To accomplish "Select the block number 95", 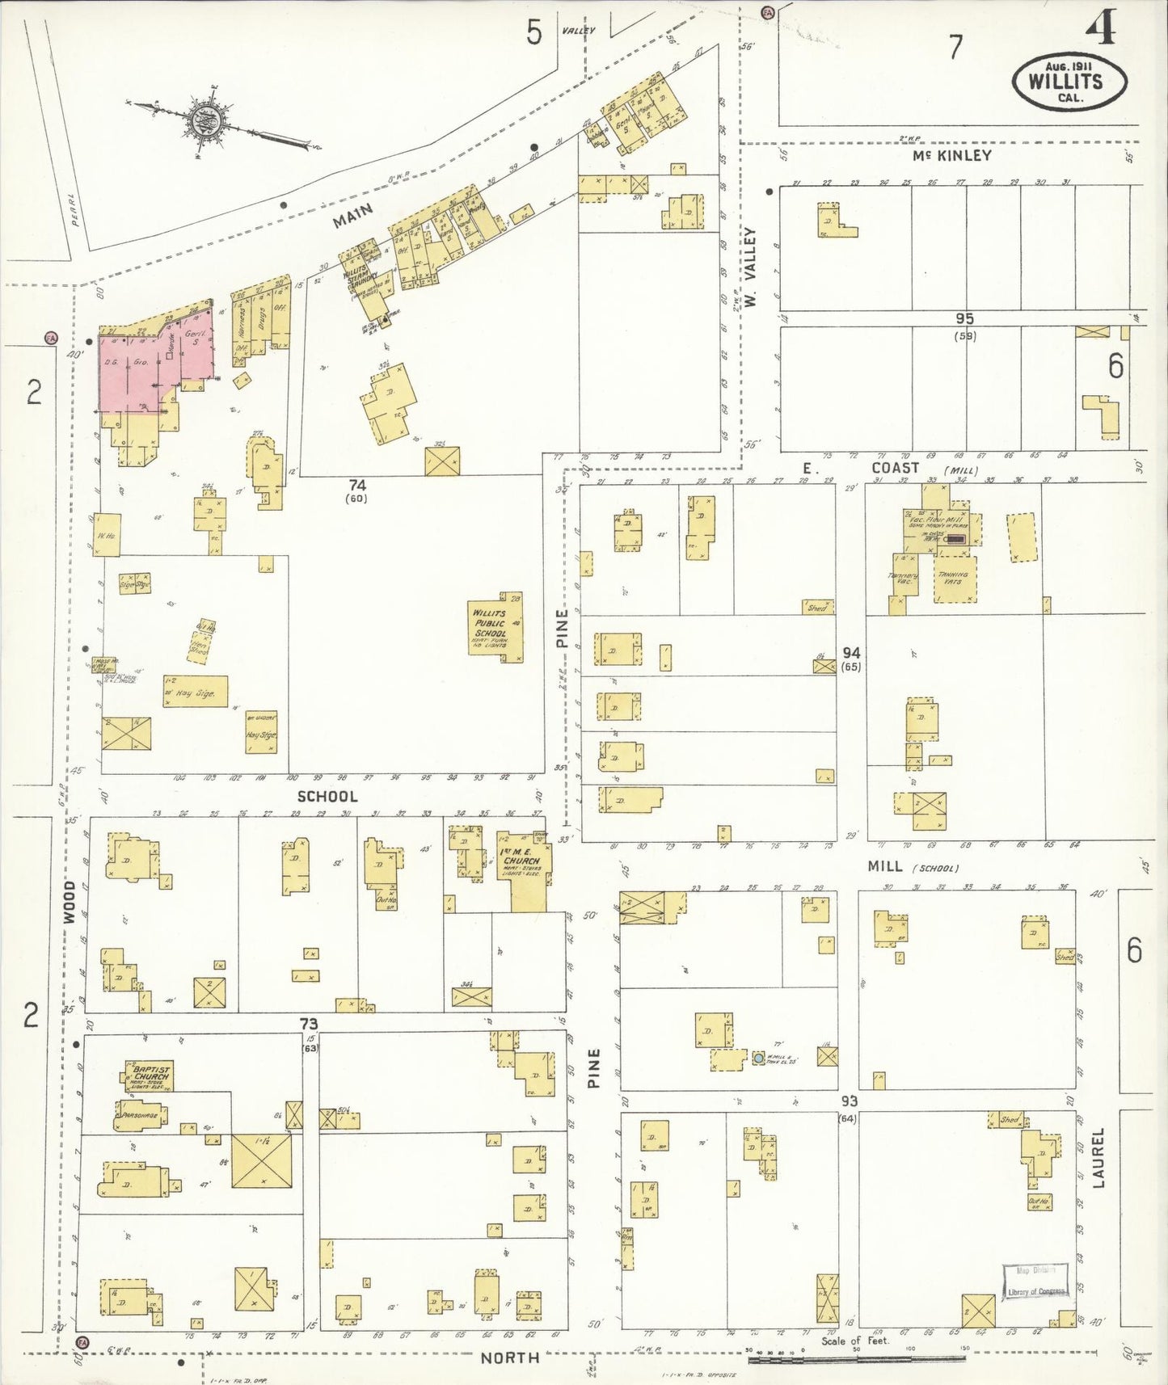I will point(963,319).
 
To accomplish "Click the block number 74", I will point(357,485).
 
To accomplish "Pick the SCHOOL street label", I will point(327,796).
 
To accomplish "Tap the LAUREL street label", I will point(1098,1158).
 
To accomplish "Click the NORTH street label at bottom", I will point(509,1358).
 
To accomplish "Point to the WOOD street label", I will point(70,902).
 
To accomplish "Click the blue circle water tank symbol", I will point(758,1058).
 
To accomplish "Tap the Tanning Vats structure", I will point(955,579).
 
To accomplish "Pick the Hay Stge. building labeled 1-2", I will point(195,692).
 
